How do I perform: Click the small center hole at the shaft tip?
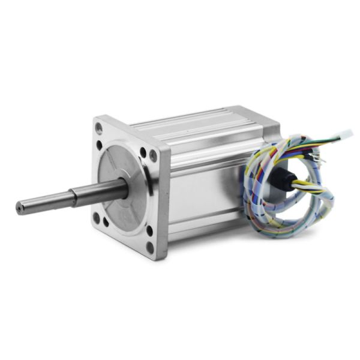20,208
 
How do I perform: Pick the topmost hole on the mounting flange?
99,127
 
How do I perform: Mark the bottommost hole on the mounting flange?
149,245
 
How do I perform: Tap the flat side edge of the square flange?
163,198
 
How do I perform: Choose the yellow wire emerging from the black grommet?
300,182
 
